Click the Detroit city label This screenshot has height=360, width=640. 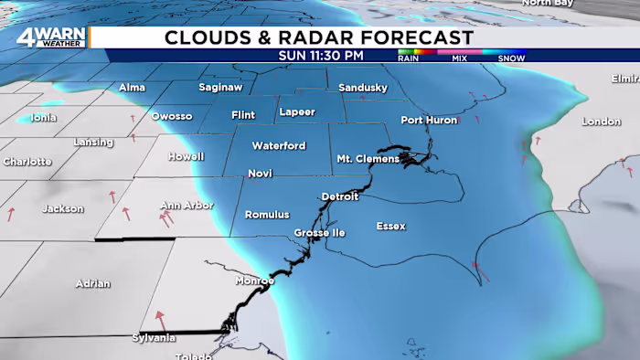click(340, 196)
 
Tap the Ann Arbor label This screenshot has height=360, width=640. click(187, 205)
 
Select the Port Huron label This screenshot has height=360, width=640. click(429, 121)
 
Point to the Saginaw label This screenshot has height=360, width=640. click(220, 88)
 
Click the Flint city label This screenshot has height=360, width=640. click(243, 115)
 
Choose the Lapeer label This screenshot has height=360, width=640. click(296, 111)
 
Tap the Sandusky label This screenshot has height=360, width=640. click(363, 88)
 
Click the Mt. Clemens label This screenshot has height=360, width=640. click(368, 158)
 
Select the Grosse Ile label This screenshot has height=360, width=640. click(319, 233)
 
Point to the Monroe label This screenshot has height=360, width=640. click(254, 281)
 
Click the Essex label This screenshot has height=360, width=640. click(391, 226)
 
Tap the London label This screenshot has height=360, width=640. click(601, 122)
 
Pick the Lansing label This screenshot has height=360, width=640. click(93, 143)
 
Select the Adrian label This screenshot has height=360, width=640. click(93, 283)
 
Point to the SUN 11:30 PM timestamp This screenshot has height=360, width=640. click(321, 56)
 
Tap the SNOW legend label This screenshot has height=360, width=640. click(511, 58)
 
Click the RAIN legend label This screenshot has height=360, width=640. click(409, 58)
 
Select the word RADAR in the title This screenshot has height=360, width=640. click(299, 37)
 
